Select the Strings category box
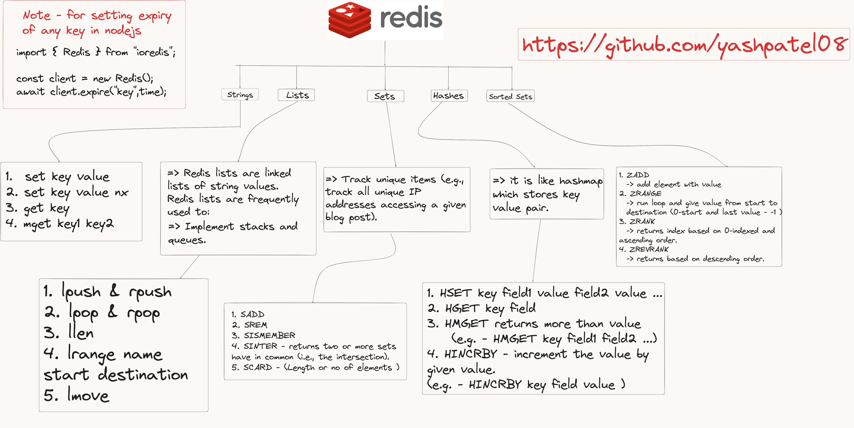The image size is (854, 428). [240, 95]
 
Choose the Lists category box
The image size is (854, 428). [297, 95]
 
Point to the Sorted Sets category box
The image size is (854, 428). [510, 97]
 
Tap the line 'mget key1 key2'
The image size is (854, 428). [60, 224]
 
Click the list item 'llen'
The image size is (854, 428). [81, 333]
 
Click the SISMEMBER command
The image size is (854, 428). [269, 335]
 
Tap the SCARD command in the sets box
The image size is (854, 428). [257, 367]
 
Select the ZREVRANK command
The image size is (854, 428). [649, 249]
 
